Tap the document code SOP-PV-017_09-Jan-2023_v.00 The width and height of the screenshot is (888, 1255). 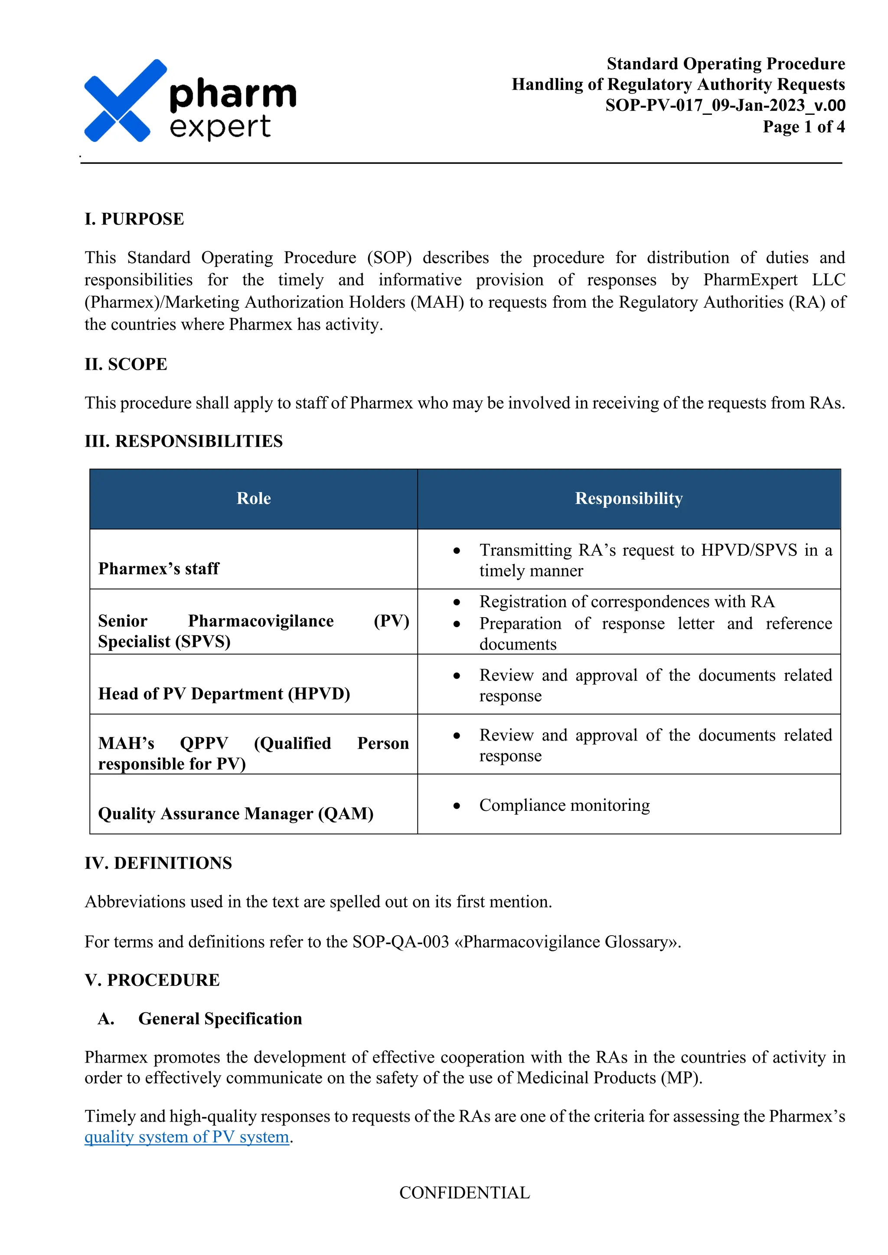click(725, 105)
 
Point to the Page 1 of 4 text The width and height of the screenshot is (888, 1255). click(804, 127)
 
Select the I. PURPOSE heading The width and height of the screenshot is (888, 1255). click(134, 219)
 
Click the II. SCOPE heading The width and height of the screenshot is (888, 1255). click(126, 364)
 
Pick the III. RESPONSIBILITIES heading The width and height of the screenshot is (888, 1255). click(184, 441)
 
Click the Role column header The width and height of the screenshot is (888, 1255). click(254, 498)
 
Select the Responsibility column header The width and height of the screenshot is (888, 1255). click(629, 498)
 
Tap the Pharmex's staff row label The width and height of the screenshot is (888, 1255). click(159, 569)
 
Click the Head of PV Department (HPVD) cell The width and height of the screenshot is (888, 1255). click(224, 694)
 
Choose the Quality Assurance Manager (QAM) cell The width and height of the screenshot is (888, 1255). click(236, 813)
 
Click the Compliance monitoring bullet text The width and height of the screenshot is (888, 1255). click(564, 805)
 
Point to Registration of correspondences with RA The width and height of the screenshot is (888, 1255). click(627, 602)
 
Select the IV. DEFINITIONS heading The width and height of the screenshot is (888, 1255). click(159, 863)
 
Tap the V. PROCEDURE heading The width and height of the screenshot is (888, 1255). click(153, 980)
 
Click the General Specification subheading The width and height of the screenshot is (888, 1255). click(220, 1019)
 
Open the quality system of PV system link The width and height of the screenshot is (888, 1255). click(186, 1137)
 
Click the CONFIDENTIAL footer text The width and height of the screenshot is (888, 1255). click(465, 1193)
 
